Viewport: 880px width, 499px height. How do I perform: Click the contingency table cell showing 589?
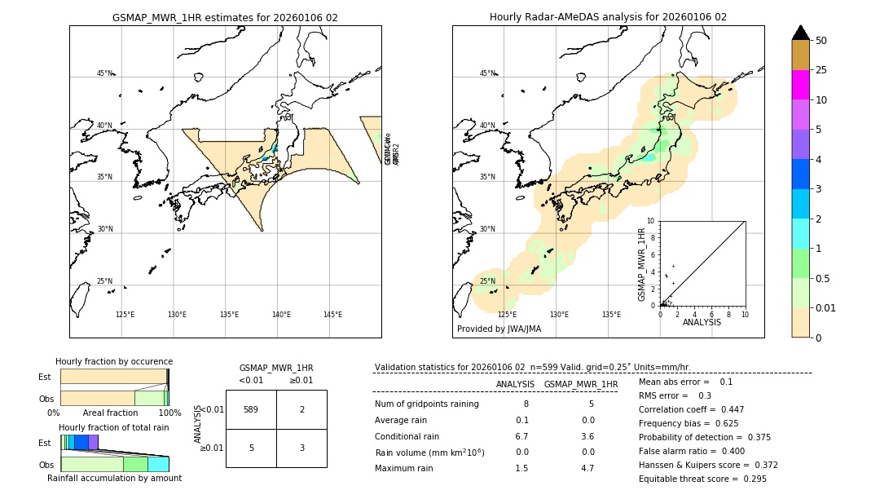(x=250, y=409)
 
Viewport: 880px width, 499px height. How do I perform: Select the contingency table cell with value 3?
(x=301, y=448)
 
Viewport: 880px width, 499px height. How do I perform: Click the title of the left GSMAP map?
(x=225, y=17)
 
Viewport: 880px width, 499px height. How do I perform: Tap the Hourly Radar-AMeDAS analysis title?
(x=608, y=17)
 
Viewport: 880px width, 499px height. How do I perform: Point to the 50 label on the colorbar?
(x=821, y=41)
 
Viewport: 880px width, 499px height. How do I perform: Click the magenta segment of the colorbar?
(x=800, y=85)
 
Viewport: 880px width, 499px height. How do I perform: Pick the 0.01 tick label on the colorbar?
(x=827, y=307)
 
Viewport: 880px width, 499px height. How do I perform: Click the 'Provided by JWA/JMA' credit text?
(x=499, y=329)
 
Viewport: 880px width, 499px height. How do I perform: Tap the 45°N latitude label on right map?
(x=487, y=73)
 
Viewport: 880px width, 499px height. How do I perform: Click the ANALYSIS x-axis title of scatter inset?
(x=702, y=322)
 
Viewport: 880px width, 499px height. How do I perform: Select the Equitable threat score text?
(x=702, y=479)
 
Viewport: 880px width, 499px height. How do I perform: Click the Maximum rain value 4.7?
(x=587, y=468)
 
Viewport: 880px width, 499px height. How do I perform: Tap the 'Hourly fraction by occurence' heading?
(x=114, y=361)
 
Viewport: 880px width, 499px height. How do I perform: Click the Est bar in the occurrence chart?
(x=113, y=377)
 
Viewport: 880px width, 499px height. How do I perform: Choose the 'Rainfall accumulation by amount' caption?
(x=114, y=478)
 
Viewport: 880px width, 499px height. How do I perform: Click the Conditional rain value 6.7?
(x=521, y=436)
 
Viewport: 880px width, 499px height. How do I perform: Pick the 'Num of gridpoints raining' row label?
(x=427, y=404)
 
